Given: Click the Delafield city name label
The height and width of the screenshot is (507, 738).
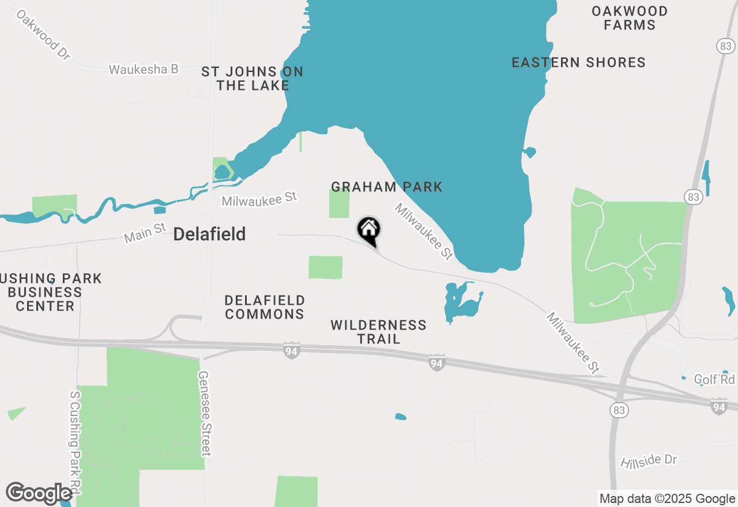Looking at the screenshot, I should tap(209, 234).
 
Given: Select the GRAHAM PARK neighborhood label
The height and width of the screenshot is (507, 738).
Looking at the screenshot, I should tap(387, 187).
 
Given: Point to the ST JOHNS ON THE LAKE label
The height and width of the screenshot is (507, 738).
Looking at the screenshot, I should tap(253, 78).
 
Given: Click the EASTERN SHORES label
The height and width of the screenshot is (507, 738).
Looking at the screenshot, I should tap(578, 62).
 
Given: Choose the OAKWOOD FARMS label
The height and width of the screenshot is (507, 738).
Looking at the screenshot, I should tap(630, 18).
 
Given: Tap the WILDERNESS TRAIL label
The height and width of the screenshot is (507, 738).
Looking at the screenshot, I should tap(379, 332).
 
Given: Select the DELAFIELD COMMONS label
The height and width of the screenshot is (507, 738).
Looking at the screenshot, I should tap(265, 307).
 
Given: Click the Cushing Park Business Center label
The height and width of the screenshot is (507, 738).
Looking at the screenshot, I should tap(49, 292).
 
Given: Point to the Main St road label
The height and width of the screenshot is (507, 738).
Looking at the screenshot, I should tap(145, 233).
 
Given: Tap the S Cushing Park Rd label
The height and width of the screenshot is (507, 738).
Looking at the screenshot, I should tap(75, 442).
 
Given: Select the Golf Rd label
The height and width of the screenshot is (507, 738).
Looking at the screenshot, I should tap(714, 379).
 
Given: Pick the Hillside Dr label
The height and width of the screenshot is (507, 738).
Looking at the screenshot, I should tap(649, 461).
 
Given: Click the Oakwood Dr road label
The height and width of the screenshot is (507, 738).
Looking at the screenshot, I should tap(43, 35).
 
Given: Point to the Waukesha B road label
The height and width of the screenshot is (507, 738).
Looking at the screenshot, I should tap(144, 69).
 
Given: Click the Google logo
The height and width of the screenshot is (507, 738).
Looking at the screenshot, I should tap(39, 493).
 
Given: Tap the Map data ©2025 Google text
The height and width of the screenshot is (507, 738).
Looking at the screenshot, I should tap(667, 499).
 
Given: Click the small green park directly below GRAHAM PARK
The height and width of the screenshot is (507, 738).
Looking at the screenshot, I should tap(339, 203).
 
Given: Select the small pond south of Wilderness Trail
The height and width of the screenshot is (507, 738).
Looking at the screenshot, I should tap(401, 417).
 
